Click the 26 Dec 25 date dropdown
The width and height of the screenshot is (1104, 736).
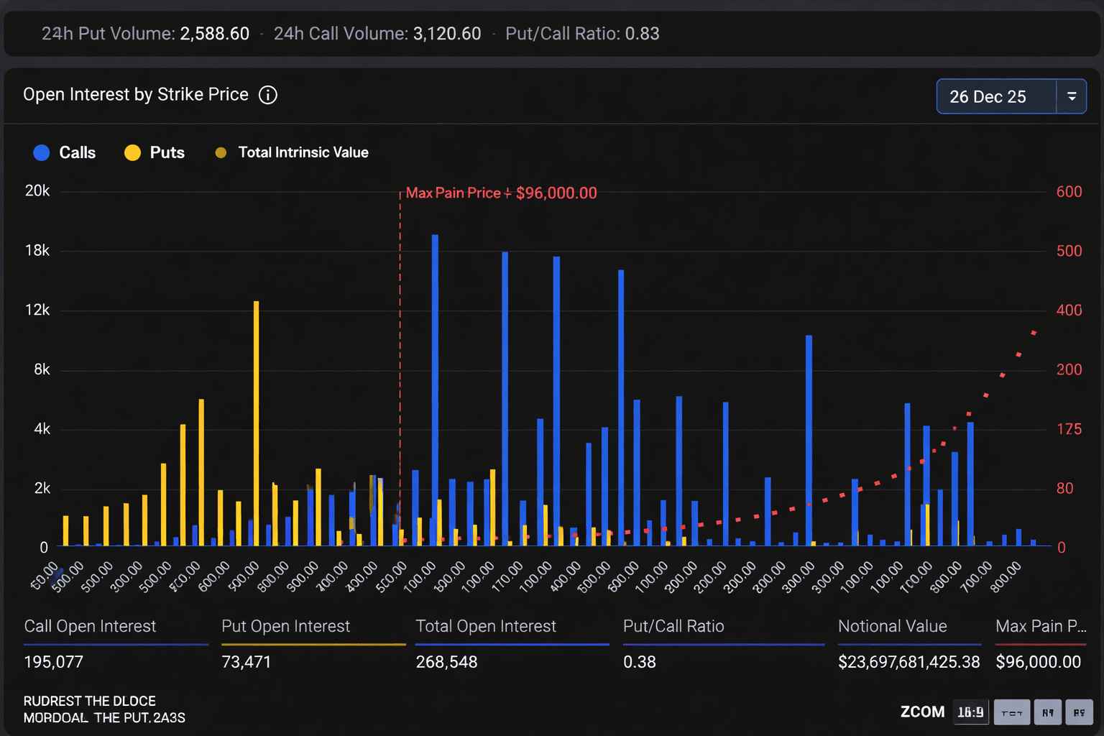[1011, 96]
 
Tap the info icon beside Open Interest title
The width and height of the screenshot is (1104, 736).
[268, 95]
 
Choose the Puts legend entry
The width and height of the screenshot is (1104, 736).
[155, 152]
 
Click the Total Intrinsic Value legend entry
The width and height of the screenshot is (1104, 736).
[292, 152]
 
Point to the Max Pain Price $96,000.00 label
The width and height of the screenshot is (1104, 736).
[501, 193]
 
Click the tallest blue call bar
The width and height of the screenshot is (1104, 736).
[435, 388]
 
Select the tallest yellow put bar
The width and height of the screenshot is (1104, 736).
[256, 424]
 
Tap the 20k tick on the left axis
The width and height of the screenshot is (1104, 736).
[37, 191]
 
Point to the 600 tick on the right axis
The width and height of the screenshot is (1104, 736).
[1069, 192]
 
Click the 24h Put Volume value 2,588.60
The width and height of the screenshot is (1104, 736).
[214, 34]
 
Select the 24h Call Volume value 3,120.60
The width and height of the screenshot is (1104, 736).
[446, 34]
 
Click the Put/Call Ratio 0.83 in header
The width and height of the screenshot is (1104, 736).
[642, 34]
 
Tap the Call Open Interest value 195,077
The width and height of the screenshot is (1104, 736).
[54, 662]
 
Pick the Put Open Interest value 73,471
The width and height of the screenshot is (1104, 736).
[247, 662]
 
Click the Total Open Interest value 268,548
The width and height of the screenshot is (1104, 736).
[446, 662]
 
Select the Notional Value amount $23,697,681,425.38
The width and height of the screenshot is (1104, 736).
[908, 662]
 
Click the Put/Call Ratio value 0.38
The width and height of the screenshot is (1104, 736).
[640, 662]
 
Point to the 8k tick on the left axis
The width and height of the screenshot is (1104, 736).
[42, 369]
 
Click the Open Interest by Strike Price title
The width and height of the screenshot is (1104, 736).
[136, 95]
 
